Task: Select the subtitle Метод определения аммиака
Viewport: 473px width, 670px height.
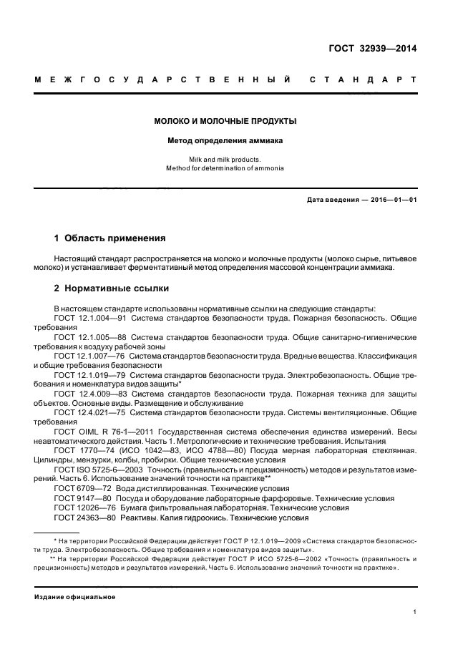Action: (225, 141)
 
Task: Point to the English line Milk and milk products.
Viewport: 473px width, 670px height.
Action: (225, 159)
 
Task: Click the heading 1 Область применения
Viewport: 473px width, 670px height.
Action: (110, 237)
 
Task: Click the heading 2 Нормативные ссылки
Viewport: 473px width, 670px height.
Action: (112, 288)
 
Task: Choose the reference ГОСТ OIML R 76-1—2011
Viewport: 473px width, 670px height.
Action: (99, 432)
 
